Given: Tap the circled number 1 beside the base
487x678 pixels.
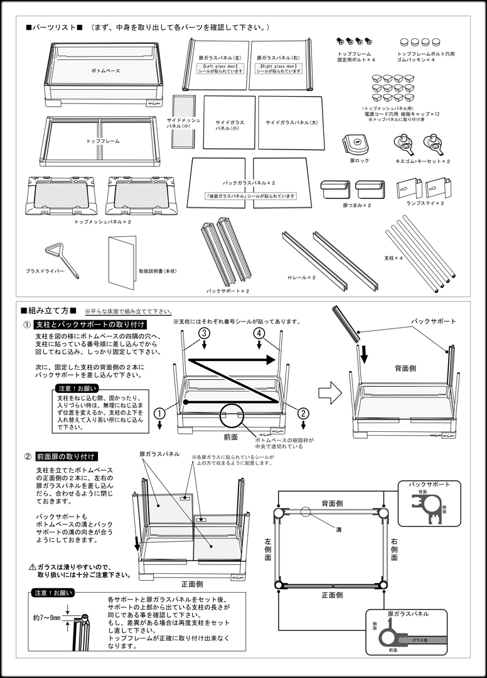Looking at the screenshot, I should [161, 413].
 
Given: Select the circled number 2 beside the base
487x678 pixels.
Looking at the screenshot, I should [303, 413].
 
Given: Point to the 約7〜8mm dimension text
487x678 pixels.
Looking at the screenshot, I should [48, 618].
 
